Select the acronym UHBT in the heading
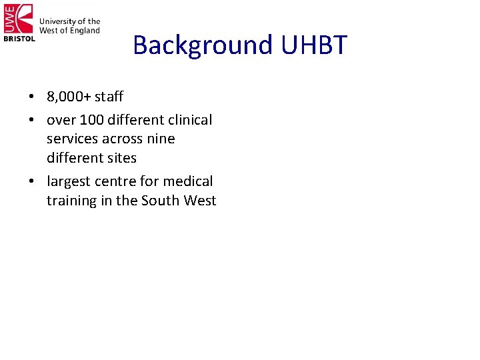pos(314,45)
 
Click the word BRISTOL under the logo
pos(19,39)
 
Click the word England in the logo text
pos(85,30)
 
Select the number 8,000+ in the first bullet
pos(69,97)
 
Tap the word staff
pos(109,97)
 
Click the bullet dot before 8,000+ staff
pos(32,97)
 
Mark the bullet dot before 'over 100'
pos(32,121)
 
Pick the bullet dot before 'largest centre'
pos(32,182)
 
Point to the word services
pos(72,139)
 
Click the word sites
pos(122,158)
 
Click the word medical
pos(188,181)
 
